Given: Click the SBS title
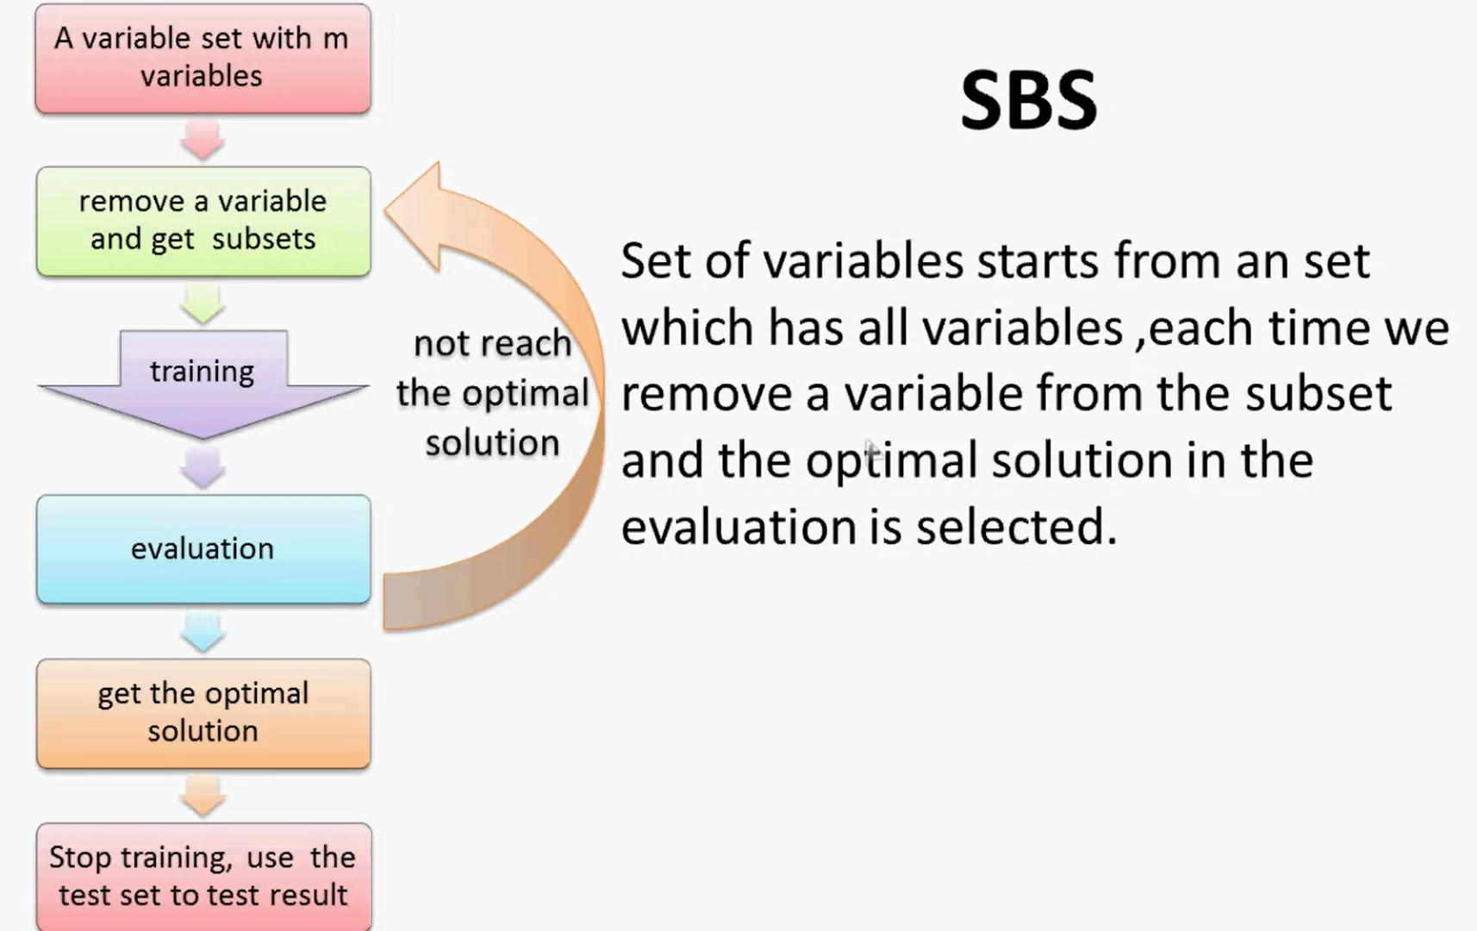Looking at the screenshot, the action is pos(1029,101).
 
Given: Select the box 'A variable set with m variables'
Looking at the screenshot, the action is pos(203,58).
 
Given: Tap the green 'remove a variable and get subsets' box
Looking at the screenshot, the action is pos(203,221).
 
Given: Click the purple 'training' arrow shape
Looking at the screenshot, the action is pos(203,384).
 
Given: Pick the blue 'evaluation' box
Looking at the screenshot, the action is pos(203,549).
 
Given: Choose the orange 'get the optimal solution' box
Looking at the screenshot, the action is pos(203,713).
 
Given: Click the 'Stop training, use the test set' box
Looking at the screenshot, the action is pos(203,876).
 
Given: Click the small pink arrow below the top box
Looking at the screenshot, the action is pos(203,140).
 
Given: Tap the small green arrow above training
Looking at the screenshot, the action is pos(203,304).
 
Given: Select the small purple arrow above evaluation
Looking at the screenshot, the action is pos(203,468).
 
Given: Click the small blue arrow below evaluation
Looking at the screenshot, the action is pos(203,632).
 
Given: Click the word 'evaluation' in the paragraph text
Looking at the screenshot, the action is pos(738,527).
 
